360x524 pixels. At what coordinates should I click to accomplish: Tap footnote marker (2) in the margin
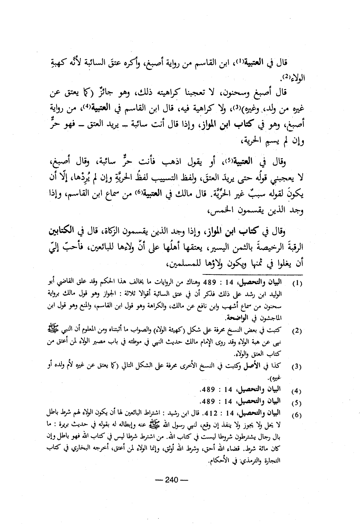[x=297, y=330]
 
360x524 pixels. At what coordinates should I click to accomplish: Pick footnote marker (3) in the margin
[x=297, y=367]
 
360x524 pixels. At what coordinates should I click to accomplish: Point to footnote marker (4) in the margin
[x=297, y=392]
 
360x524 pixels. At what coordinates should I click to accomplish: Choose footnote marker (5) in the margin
[x=297, y=403]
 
